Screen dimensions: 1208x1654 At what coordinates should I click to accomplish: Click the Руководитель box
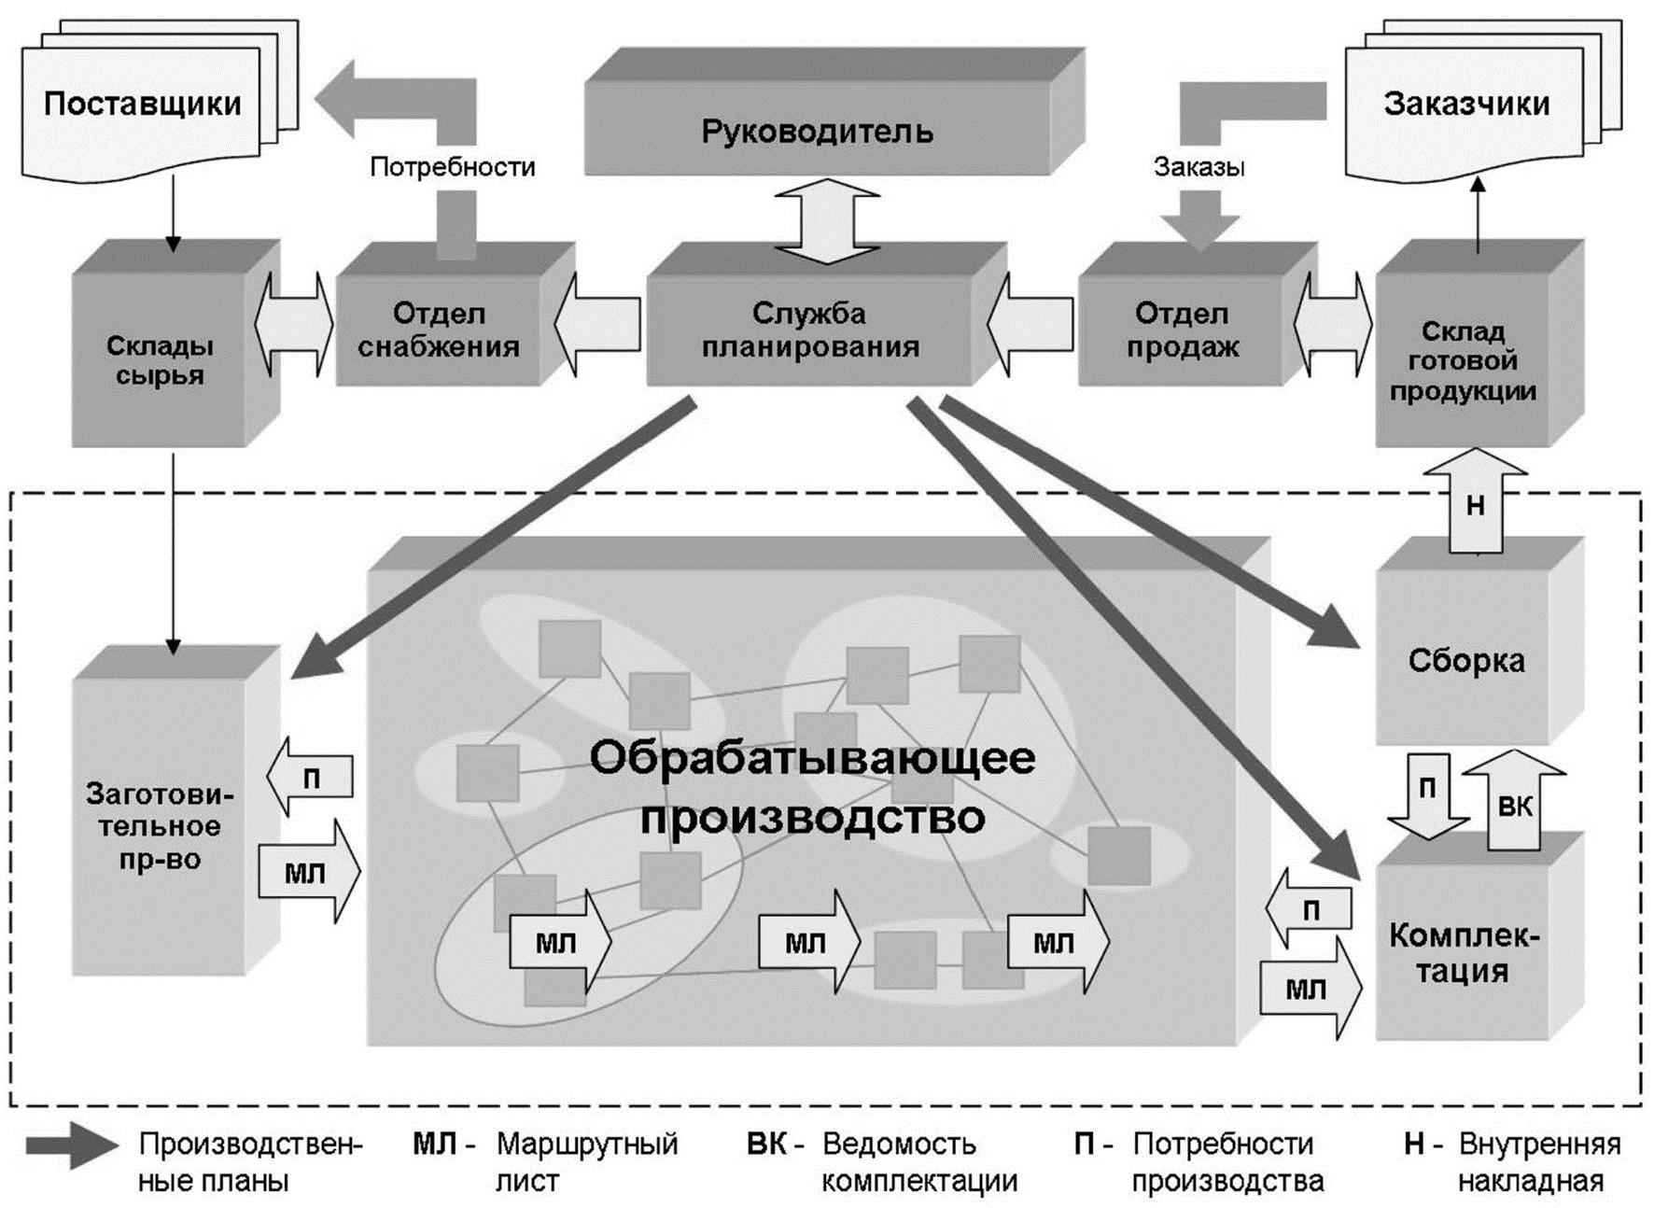coord(817,131)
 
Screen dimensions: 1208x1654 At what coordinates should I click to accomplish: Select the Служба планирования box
coord(809,330)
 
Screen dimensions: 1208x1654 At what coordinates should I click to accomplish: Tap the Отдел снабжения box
coord(438,330)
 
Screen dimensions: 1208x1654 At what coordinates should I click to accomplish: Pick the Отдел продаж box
coord(1182,330)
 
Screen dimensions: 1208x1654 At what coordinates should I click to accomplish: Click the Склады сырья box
coord(160,359)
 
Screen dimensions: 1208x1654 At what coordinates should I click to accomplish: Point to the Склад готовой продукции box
coord(1463,360)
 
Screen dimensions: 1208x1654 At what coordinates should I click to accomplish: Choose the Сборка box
coord(1465,661)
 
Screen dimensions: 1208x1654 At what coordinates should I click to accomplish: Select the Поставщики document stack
coord(142,103)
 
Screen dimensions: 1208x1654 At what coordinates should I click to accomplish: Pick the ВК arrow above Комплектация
coord(1513,803)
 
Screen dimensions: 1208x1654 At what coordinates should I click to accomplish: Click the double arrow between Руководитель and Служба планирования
coord(827,222)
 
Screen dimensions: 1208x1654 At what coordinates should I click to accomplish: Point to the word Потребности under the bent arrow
coord(452,167)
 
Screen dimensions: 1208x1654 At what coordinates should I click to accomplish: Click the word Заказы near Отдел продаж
coord(1198,167)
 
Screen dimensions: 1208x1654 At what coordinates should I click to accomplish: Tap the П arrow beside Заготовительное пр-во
coord(310,777)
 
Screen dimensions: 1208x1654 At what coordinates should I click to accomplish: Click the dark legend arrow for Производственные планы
coord(71,1145)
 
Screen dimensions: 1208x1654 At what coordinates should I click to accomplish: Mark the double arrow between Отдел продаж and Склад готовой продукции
coord(1333,324)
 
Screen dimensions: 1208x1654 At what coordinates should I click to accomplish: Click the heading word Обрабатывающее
coord(812,758)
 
